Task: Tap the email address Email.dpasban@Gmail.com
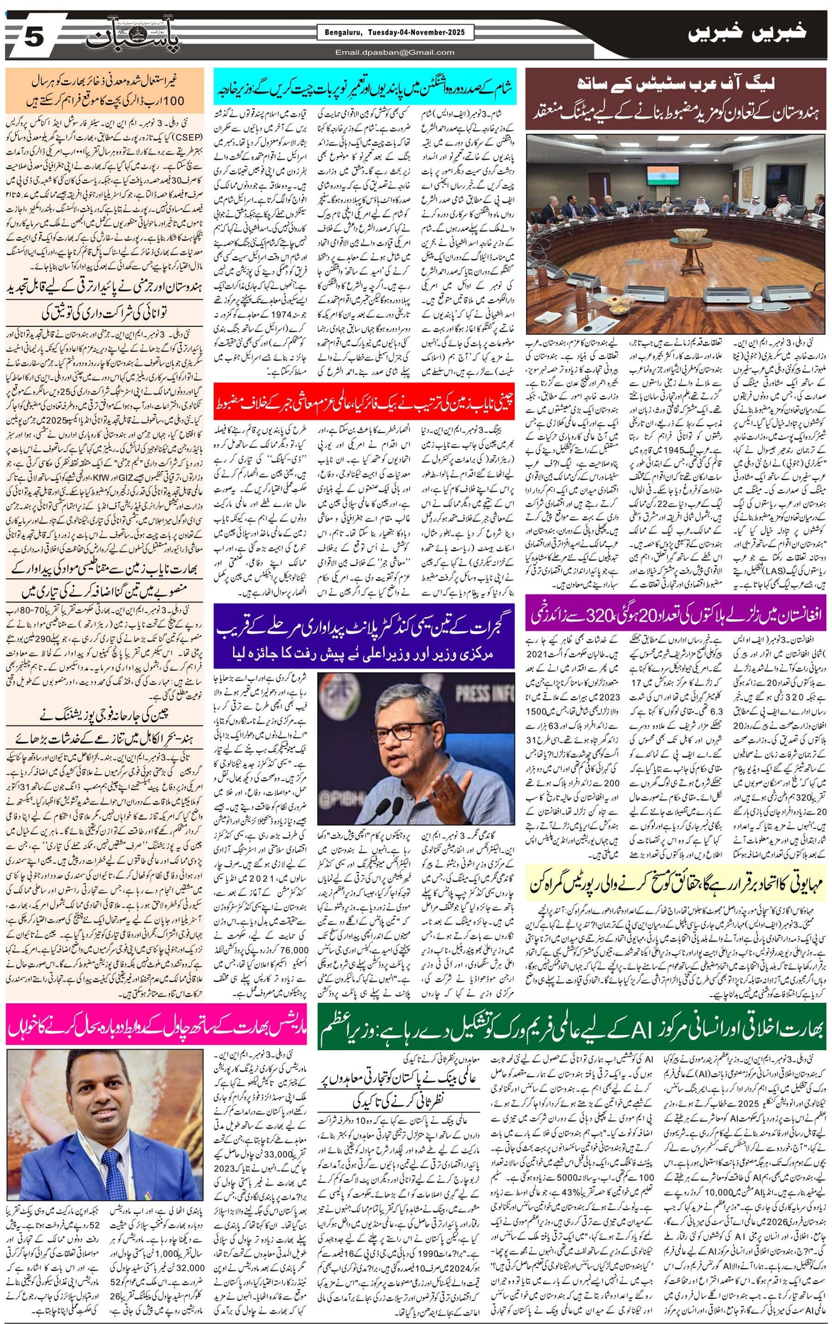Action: (395, 52)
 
